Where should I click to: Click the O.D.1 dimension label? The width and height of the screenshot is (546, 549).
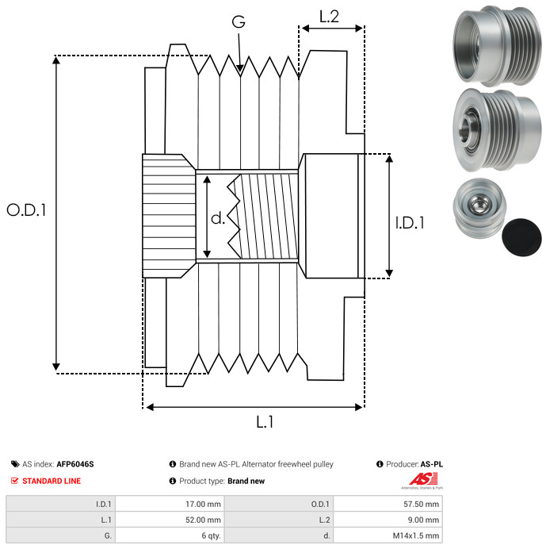click(27, 210)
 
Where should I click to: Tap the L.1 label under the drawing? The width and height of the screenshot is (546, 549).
click(265, 422)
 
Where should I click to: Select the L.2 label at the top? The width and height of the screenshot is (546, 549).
click(329, 16)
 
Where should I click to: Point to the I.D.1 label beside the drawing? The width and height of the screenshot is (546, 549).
click(410, 223)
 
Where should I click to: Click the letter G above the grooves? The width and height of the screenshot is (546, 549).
click(239, 22)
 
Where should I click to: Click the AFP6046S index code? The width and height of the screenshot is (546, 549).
click(80, 464)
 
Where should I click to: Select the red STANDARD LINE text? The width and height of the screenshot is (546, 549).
click(51, 481)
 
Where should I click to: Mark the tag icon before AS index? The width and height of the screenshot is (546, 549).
click(15, 464)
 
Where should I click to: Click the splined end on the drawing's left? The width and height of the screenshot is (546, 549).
click(167, 215)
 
